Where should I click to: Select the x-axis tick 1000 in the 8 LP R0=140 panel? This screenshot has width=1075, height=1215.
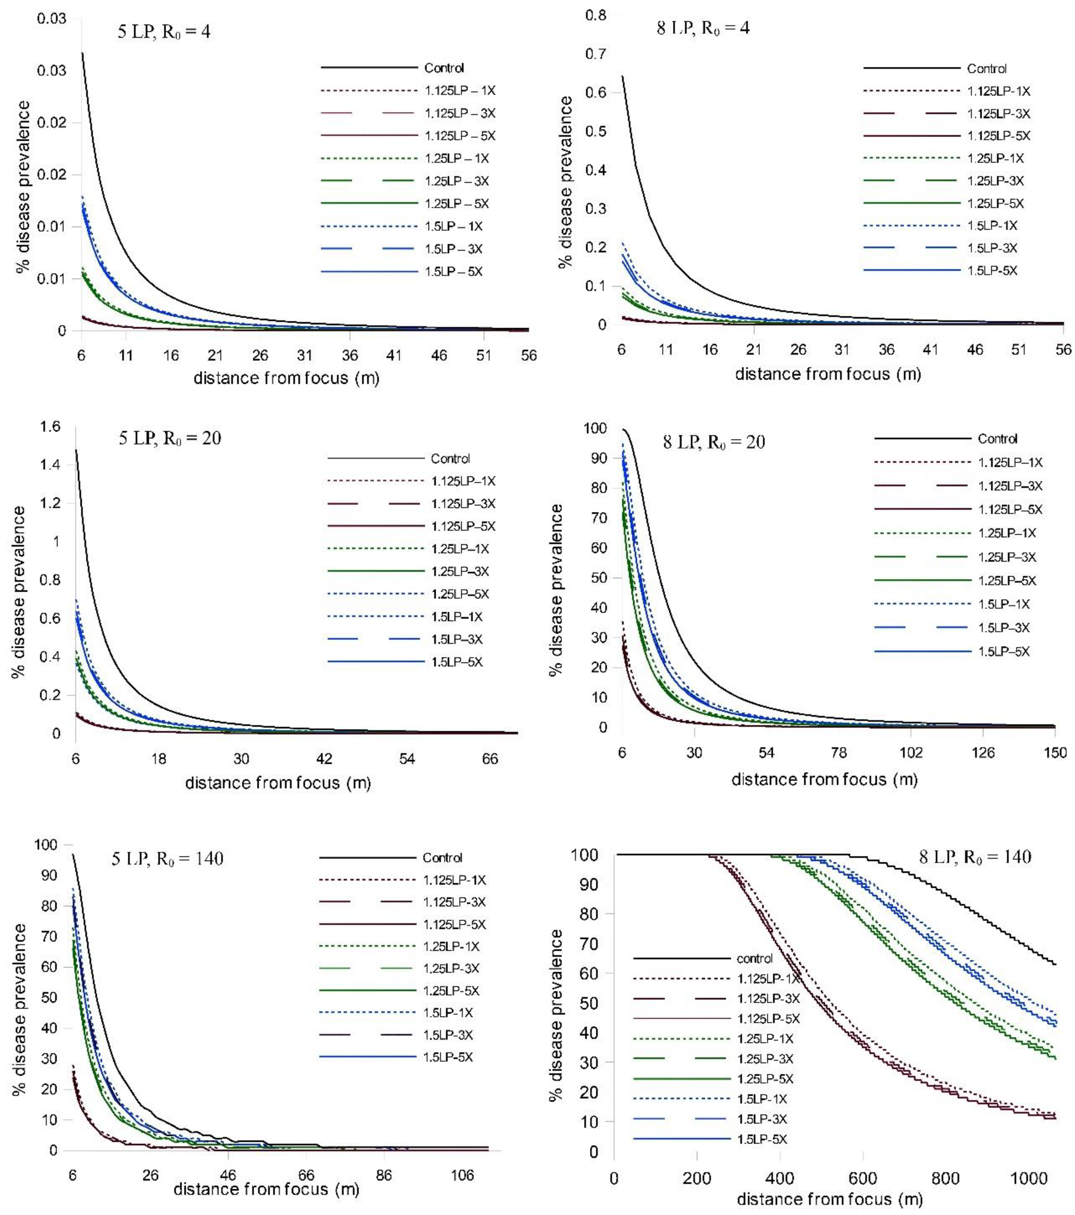pos(1029,1178)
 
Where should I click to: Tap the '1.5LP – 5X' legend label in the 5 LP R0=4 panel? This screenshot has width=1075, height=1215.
pos(454,272)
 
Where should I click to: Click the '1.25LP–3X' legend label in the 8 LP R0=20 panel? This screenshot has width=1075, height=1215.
pos(1007,557)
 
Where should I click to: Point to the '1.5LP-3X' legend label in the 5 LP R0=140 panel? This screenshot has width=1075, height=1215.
pos(448,1035)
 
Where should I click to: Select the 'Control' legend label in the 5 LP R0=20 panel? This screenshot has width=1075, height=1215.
pos(450,458)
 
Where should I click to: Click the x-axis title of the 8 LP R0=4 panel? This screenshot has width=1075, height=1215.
pos(828,374)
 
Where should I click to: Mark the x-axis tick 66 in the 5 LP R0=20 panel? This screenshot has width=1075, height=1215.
pos(490,759)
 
